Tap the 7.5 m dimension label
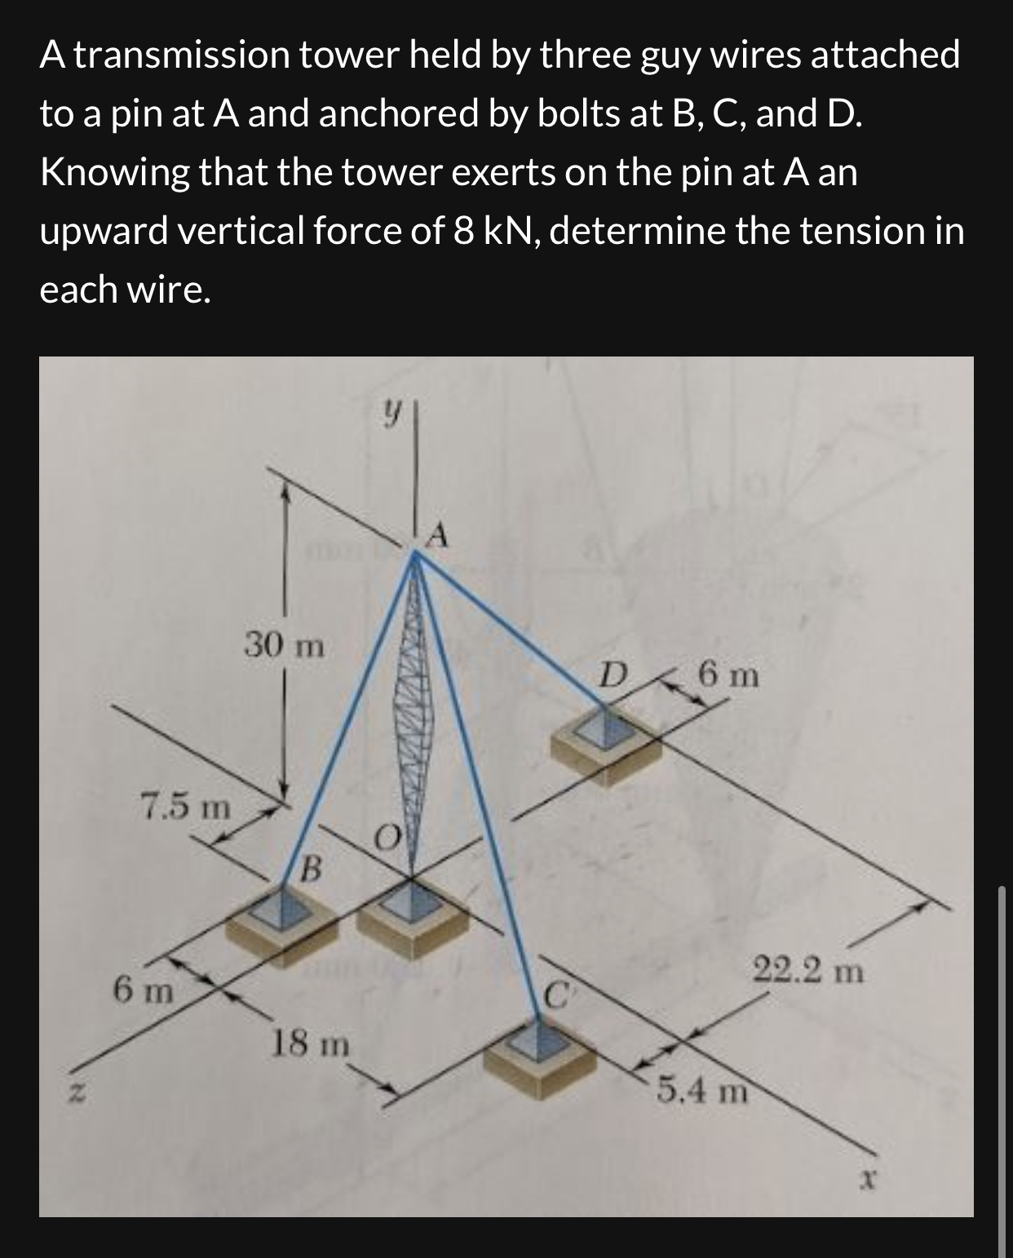185,808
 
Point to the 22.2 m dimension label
807,972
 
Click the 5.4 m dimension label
702,1091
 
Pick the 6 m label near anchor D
728,676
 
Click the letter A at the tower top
438,535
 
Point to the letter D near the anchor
613,676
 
